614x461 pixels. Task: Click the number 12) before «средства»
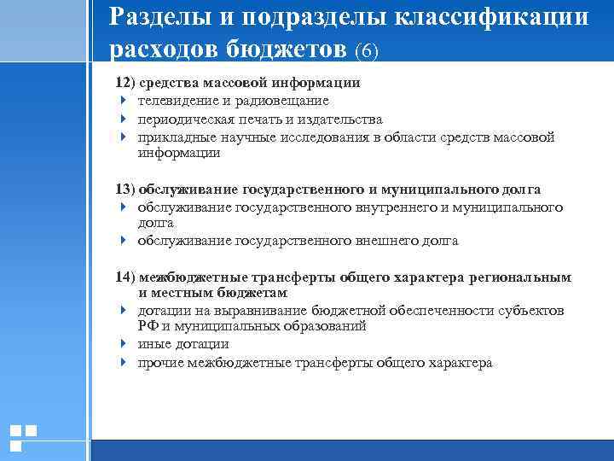pos(126,84)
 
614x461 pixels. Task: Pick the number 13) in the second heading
pos(126,190)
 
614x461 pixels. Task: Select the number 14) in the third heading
pos(126,277)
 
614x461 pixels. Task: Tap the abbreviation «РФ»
pos(147,326)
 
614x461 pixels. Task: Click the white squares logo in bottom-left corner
pos(23,437)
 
